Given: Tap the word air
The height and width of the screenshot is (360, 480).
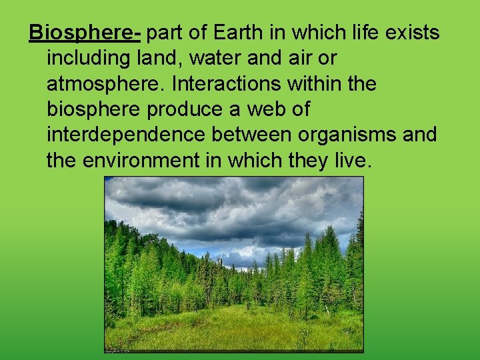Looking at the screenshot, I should pos(298,59).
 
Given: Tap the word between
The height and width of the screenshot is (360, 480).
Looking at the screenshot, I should pos(251,135).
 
